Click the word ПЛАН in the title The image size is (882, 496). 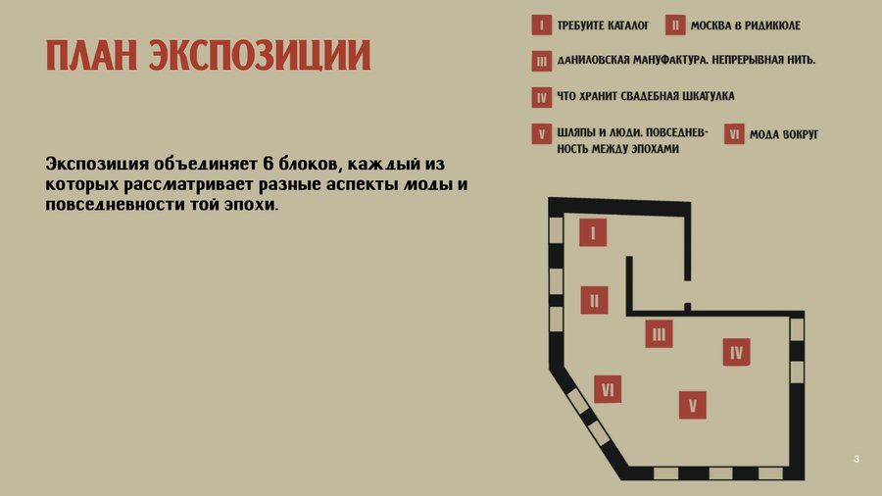pos(91,55)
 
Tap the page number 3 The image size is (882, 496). pos(857,459)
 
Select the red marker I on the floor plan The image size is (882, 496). pos(593,232)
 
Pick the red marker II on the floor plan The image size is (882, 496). pos(594,300)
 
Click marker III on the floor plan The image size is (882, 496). pos(659,333)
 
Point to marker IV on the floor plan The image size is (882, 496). pos(736,352)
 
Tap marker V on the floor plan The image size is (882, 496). pos(693,405)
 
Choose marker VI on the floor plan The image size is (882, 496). pos(608,389)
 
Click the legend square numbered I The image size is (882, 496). pos(542,25)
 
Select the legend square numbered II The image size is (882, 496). pos(675,25)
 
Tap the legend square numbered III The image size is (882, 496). pos(542,62)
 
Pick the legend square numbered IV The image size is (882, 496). pos(542,97)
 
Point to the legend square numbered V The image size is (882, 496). pos(542,134)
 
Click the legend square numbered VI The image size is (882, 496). pos(734,134)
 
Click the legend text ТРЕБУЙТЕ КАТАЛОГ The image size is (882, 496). pos(603,25)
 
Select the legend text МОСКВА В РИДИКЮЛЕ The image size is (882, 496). pos(746,25)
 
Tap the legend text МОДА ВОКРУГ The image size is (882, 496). pos(784,134)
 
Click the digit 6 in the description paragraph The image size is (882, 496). pos(269,163)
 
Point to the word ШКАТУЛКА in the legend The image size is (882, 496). pos(709,96)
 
